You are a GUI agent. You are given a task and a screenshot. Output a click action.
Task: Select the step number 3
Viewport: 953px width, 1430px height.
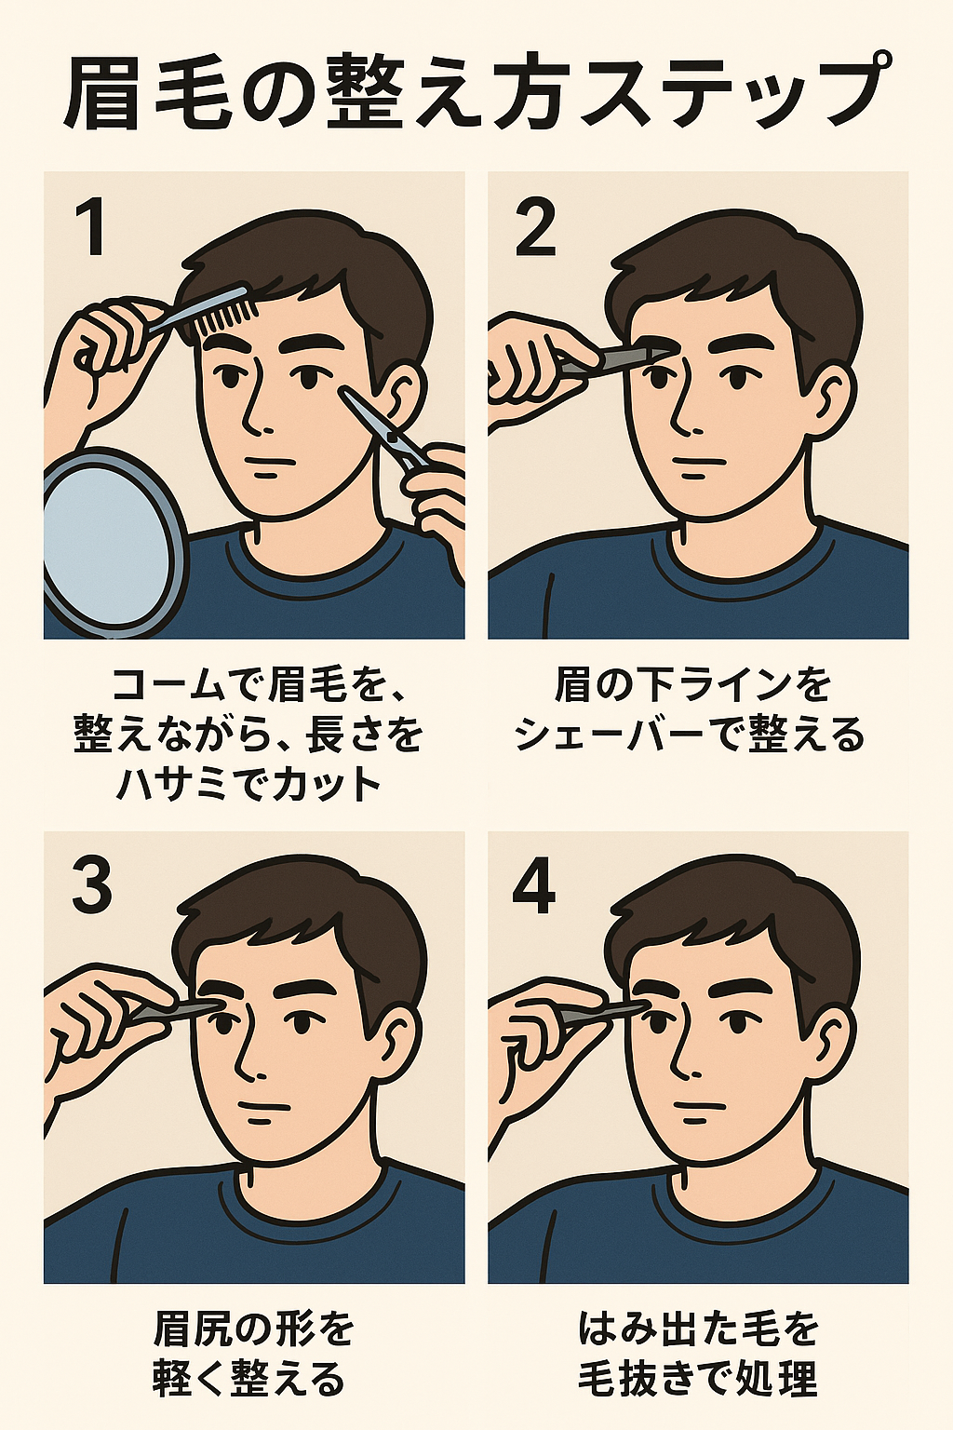coord(92,884)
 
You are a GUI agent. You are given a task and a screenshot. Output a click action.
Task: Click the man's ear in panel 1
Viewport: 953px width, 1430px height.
coord(400,396)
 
